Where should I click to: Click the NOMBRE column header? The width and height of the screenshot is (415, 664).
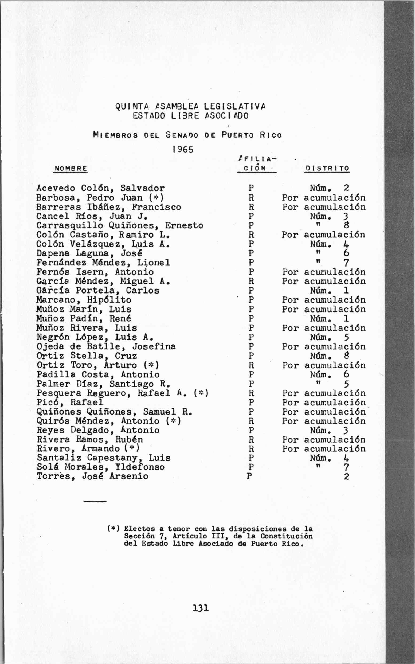(x=70, y=168)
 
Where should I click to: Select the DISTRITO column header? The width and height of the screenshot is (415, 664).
(x=327, y=168)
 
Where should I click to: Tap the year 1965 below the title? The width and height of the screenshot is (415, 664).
(x=183, y=149)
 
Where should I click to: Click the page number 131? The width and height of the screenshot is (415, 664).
(x=201, y=607)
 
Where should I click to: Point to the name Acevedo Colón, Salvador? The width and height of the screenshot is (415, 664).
(x=100, y=188)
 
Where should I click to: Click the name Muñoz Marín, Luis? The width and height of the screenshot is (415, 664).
(x=84, y=309)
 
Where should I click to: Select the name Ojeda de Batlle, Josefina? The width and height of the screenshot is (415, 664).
(x=106, y=346)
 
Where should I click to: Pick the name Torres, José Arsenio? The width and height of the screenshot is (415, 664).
(x=92, y=476)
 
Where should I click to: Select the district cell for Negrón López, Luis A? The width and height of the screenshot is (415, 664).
(x=329, y=337)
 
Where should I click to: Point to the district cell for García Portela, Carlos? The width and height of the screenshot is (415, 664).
(x=329, y=290)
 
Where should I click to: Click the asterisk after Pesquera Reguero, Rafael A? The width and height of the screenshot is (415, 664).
(x=201, y=393)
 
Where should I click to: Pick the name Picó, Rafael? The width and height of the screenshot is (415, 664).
(x=70, y=402)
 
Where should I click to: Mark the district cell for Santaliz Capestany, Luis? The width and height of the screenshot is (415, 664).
(x=329, y=458)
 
